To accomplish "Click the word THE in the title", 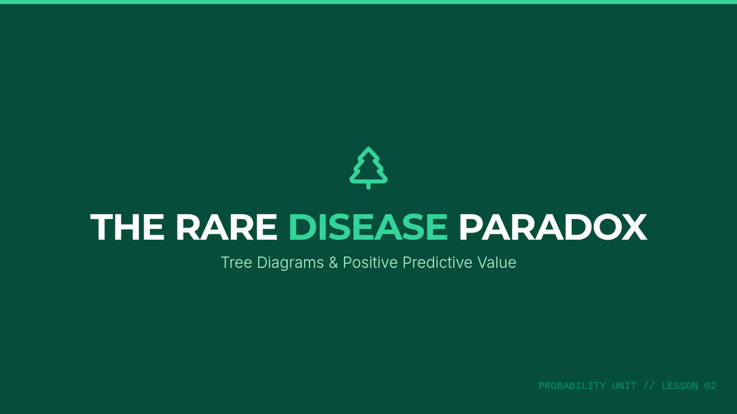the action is click(127, 227).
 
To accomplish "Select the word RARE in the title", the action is click(227, 227).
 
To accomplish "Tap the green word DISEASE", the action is click(368, 227).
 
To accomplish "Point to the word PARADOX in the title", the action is click(553, 227).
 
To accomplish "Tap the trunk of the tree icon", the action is click(368, 186).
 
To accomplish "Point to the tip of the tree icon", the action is click(368, 147).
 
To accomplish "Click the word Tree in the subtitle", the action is click(236, 263).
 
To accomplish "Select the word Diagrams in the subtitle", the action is click(290, 263).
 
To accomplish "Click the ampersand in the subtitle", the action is click(333, 263).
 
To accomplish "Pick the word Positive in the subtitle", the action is click(370, 263).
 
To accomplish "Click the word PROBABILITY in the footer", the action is click(572, 386).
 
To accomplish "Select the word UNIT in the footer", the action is click(624, 386).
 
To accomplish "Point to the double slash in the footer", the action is click(649, 386).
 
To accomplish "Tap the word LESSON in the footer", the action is click(679, 386).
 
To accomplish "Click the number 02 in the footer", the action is click(711, 386).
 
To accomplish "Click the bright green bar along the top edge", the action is click(368, 2).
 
